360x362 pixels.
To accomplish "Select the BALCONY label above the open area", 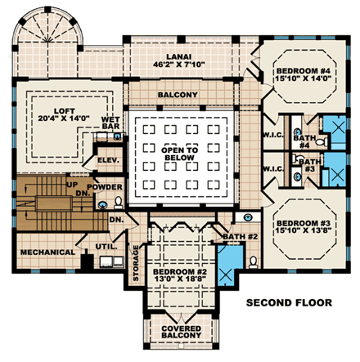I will click(180, 96).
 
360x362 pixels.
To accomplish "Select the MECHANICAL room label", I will click(43, 252).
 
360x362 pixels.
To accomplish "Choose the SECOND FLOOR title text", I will click(290, 302).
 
